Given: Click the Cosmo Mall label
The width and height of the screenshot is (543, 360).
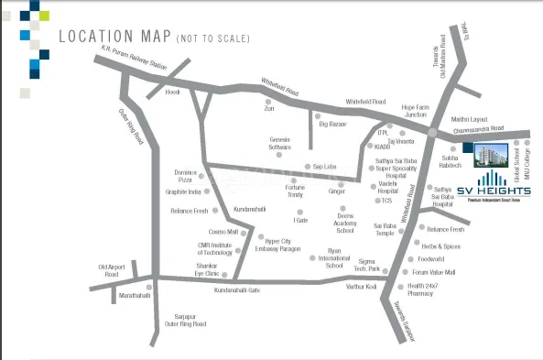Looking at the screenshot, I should tap(223, 232).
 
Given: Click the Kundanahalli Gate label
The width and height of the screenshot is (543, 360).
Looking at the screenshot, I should tap(237, 289).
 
